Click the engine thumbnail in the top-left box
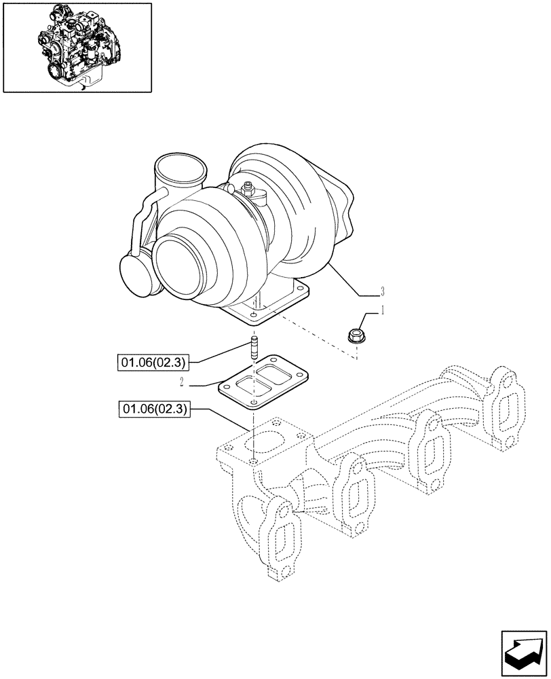point(77,47)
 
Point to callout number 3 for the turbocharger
point(383,291)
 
